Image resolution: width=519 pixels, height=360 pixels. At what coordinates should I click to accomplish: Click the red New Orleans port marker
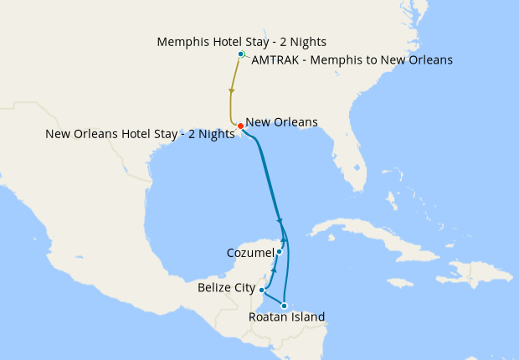click(x=240, y=126)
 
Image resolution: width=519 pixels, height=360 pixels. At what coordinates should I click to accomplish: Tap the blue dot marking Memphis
click(x=241, y=54)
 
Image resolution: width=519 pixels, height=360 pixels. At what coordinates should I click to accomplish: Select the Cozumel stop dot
click(x=280, y=252)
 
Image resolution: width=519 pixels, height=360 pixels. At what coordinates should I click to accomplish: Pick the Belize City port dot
click(x=262, y=290)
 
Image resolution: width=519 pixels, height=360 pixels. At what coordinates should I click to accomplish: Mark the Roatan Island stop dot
click(x=285, y=306)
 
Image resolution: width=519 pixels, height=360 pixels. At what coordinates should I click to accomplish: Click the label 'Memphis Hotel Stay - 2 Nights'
click(x=241, y=41)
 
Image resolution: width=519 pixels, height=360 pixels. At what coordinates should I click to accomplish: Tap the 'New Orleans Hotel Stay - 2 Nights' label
click(x=140, y=134)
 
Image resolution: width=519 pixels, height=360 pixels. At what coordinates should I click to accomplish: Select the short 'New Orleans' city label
click(x=281, y=122)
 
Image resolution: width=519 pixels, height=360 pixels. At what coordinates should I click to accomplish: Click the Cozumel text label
click(x=249, y=253)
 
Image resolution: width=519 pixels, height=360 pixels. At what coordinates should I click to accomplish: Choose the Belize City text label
click(x=226, y=288)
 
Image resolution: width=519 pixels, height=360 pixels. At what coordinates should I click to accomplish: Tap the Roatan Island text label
click(x=287, y=317)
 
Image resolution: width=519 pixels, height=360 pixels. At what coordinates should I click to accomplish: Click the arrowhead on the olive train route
click(x=231, y=90)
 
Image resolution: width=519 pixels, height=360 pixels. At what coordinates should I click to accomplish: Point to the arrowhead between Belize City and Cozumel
click(x=274, y=272)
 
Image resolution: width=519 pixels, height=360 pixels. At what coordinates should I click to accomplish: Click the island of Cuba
click(x=352, y=230)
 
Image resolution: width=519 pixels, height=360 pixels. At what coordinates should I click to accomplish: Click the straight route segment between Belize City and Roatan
click(x=273, y=298)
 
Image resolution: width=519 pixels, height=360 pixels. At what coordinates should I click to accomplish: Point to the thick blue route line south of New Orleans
click(x=264, y=176)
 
